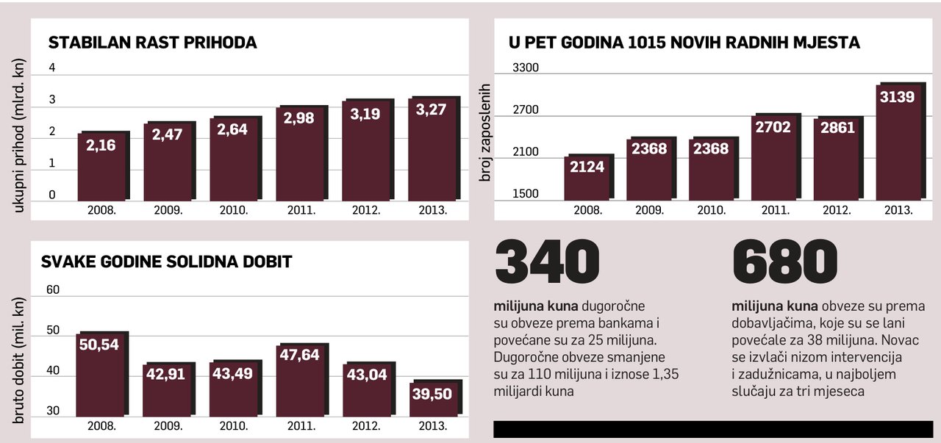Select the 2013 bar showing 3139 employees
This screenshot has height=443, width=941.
899,143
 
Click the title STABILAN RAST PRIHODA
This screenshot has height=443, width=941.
152,43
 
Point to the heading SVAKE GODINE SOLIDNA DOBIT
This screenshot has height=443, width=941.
167,262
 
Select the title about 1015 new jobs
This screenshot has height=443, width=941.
684,43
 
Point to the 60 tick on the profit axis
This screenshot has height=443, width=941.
53,289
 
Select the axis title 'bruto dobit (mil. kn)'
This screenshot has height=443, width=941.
20,353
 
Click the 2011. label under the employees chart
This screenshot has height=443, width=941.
776,210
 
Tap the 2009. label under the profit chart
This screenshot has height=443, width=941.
168,426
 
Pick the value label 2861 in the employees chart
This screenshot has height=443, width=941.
837,128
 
